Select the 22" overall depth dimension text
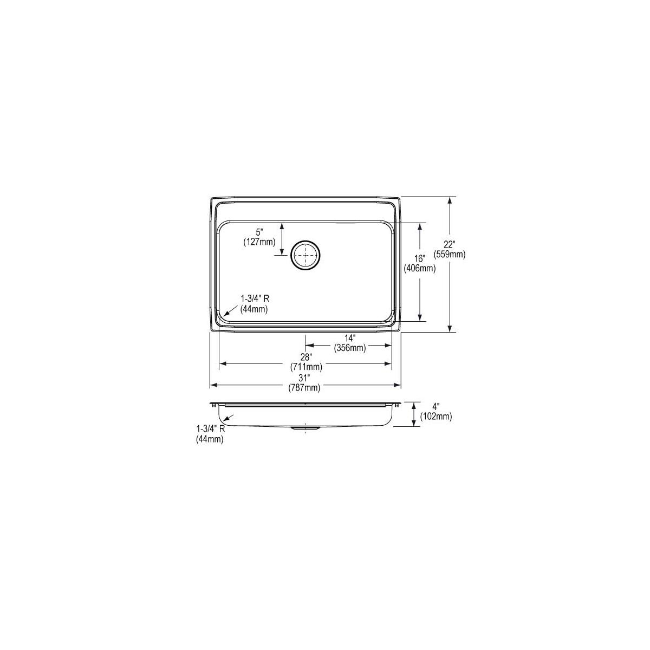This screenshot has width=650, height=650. coord(449,244)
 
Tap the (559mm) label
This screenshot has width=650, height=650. coord(449,255)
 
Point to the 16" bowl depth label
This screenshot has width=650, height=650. coord(420,258)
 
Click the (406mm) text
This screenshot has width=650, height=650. coord(420,269)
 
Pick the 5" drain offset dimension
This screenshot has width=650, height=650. coord(259,232)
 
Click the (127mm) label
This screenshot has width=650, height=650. coord(259,242)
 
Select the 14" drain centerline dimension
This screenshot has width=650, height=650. coord(350,337)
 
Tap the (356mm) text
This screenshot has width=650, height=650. coord(350,348)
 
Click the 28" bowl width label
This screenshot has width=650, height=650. coord(306,356)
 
